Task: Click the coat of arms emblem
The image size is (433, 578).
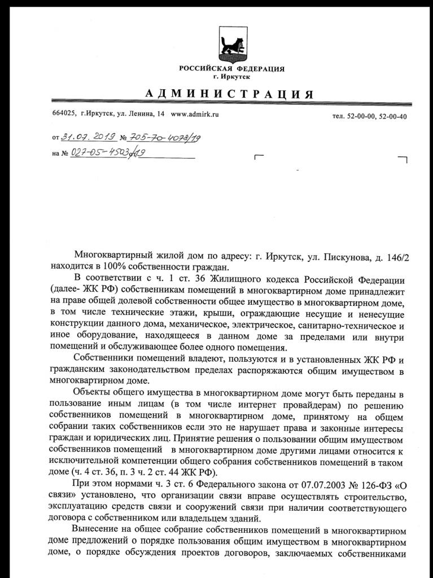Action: click(232, 45)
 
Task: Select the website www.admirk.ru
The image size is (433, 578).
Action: click(194, 114)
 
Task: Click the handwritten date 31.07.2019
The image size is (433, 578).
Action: click(88, 137)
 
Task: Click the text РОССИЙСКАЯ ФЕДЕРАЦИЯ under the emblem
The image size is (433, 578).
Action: click(232, 69)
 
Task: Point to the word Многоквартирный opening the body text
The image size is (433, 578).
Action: click(115, 257)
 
